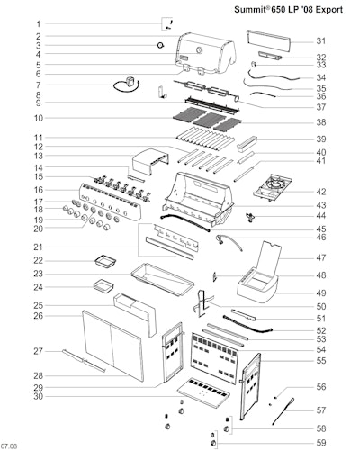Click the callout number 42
coord(321,192)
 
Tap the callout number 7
coord(38,85)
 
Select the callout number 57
coord(321,409)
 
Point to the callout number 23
coord(38,274)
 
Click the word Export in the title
coord(328,10)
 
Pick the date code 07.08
coord(9,446)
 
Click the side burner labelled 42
coord(273,187)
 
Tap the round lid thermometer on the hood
coord(199,50)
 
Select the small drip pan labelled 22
coord(105,260)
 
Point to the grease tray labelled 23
coord(162,279)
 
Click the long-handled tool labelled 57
coord(283,411)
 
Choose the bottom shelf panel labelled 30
coord(204,392)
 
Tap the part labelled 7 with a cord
coord(127,85)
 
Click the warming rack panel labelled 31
coord(268,40)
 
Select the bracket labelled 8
coord(162,92)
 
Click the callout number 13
coord(38,156)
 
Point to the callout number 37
coord(321,107)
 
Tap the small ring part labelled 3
coord(161,45)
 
